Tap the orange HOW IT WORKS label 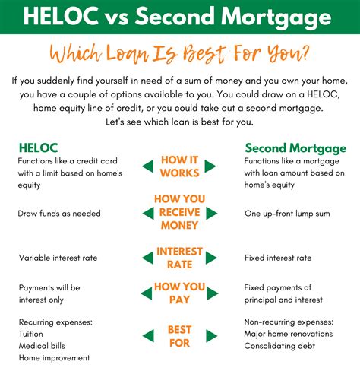tap(179, 166)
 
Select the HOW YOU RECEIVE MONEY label tap(179, 212)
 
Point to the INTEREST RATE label tap(179, 258)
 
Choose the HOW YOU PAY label tap(179, 293)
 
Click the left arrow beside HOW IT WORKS tap(147, 166)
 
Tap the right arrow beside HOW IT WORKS tap(210, 166)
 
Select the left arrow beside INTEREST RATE tap(147, 258)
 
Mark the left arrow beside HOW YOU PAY tap(147, 293)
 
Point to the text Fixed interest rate tap(278, 258)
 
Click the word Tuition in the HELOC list tap(30, 334)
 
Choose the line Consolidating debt tap(282, 346)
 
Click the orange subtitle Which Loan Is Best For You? tap(179, 55)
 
